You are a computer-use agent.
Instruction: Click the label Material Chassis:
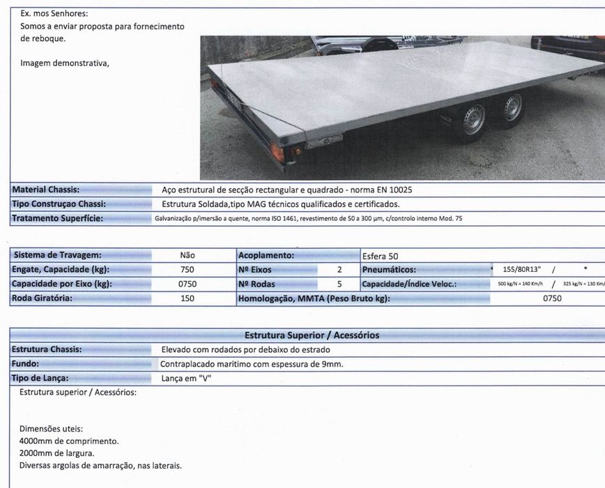click(x=46, y=190)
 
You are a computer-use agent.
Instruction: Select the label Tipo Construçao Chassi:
click(x=59, y=204)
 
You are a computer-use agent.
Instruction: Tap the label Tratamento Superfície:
click(x=57, y=219)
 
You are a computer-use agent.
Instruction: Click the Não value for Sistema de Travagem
click(x=187, y=256)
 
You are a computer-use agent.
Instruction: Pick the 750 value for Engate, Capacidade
click(x=187, y=270)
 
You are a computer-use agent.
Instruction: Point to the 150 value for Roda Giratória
click(x=187, y=298)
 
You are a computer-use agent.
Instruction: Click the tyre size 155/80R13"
click(x=521, y=270)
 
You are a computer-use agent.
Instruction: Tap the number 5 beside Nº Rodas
click(x=339, y=284)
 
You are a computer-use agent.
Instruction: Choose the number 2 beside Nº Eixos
click(x=339, y=270)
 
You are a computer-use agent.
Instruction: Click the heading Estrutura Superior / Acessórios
click(x=312, y=335)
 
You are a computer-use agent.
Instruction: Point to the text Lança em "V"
click(x=186, y=379)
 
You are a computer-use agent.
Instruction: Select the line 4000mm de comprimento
click(x=69, y=441)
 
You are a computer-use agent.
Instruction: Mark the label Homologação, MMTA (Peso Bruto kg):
click(x=314, y=298)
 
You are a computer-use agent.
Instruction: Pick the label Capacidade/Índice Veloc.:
click(x=408, y=284)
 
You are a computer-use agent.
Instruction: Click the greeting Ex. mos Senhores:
click(x=54, y=13)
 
